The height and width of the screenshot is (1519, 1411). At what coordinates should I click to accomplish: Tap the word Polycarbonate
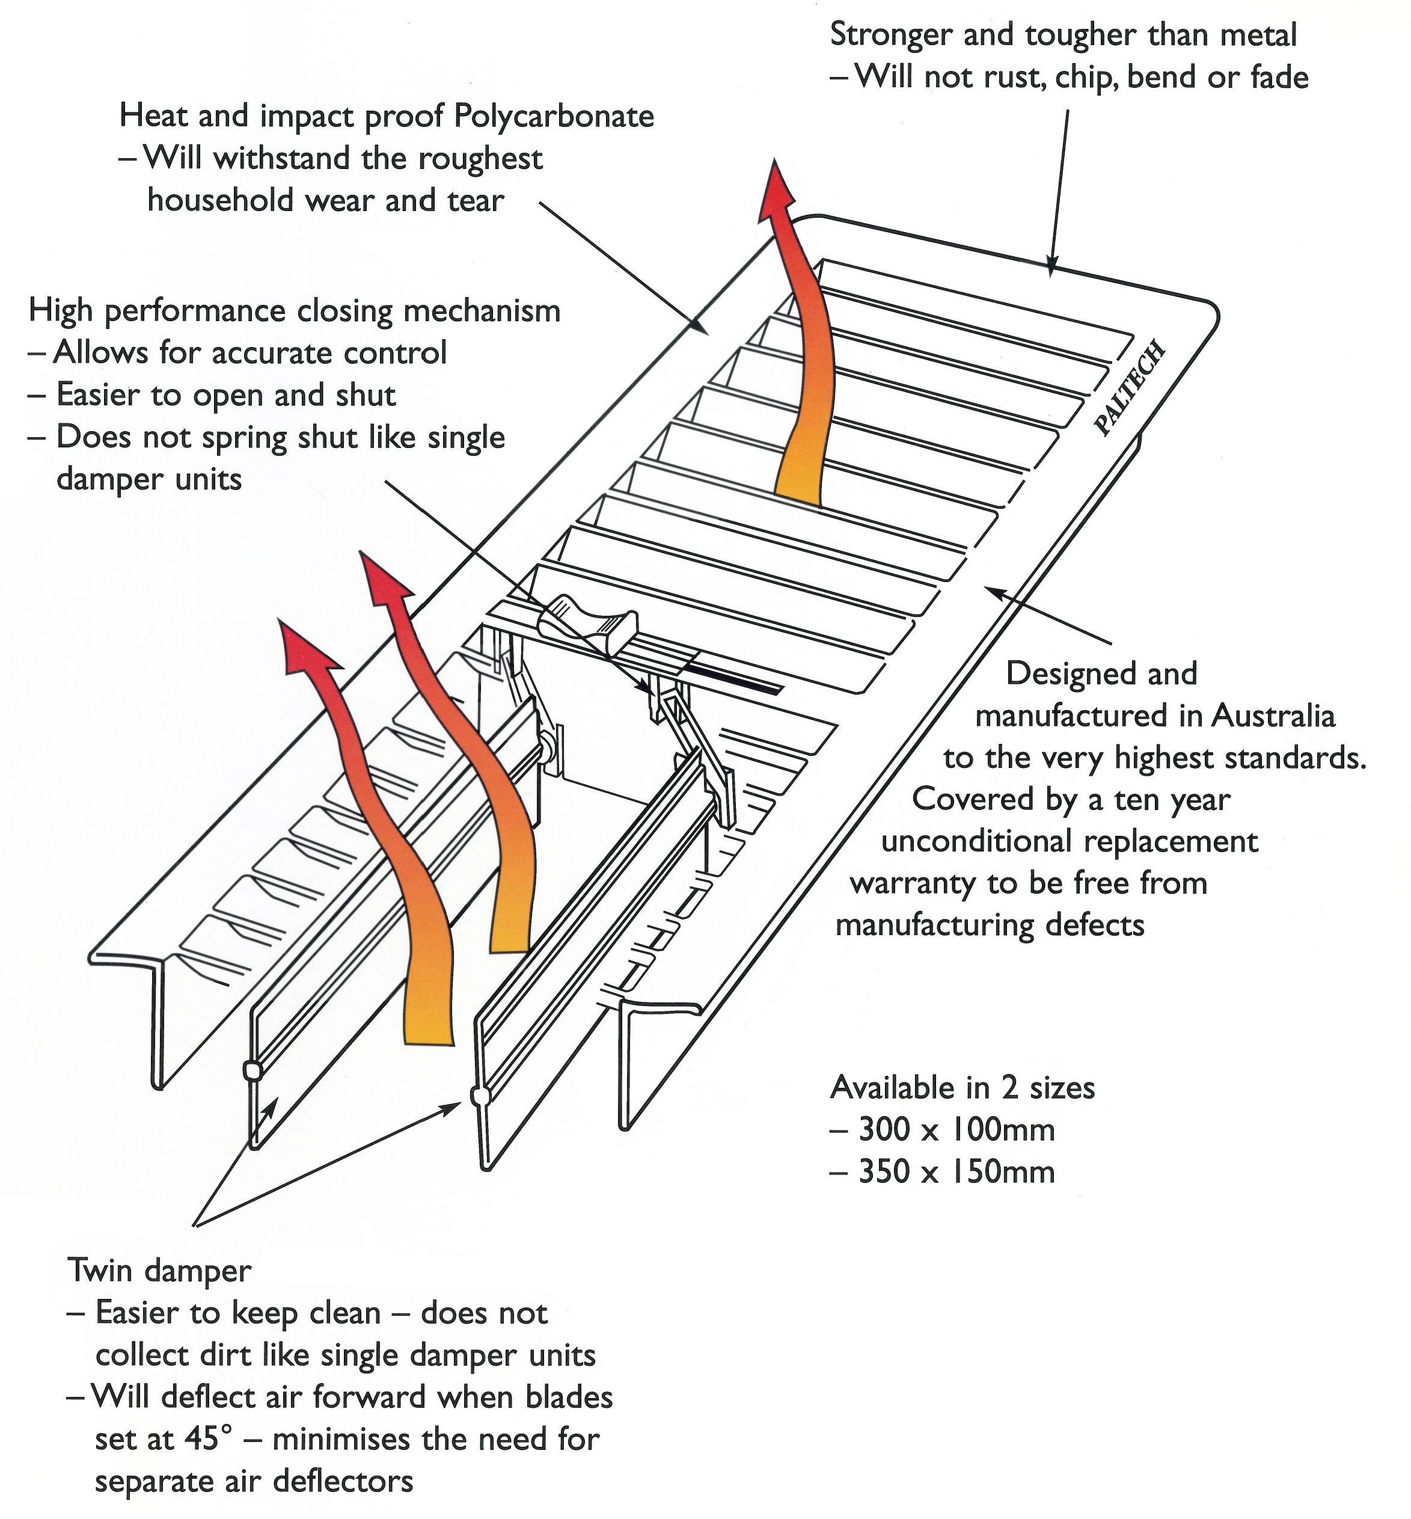click(x=554, y=116)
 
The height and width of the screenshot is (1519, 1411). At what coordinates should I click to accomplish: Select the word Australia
click(x=1273, y=716)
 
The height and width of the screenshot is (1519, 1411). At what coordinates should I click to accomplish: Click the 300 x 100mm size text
click(x=956, y=1129)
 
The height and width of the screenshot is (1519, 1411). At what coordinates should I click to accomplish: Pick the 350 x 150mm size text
click(x=956, y=1171)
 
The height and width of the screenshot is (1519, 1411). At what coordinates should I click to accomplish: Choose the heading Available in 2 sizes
click(x=962, y=1087)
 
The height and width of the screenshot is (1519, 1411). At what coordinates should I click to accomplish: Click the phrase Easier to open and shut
click(x=226, y=395)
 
